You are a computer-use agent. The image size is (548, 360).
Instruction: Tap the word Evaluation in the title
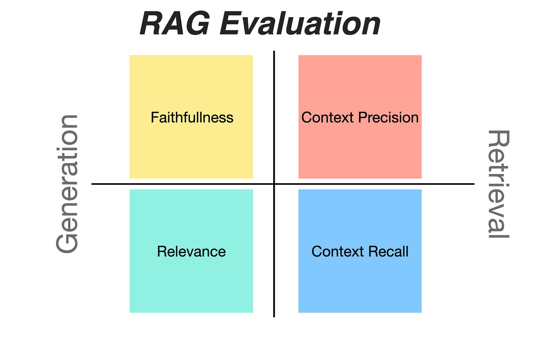[300, 24]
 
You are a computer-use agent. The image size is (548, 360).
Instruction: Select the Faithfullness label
[192, 118]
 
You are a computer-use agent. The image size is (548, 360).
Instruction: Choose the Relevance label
[191, 251]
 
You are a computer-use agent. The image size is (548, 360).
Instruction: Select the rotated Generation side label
[67, 184]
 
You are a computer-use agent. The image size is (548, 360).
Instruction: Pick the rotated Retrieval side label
[498, 184]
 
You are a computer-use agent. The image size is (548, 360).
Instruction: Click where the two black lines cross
[274, 184]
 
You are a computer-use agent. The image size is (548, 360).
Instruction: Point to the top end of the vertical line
[274, 52]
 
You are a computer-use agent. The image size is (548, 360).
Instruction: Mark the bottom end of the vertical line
[274, 316]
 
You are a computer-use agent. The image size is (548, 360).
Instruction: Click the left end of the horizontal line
[92, 184]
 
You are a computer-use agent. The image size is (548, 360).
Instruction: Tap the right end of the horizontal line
[474, 184]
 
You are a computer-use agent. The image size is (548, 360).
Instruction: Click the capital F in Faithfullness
[154, 118]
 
